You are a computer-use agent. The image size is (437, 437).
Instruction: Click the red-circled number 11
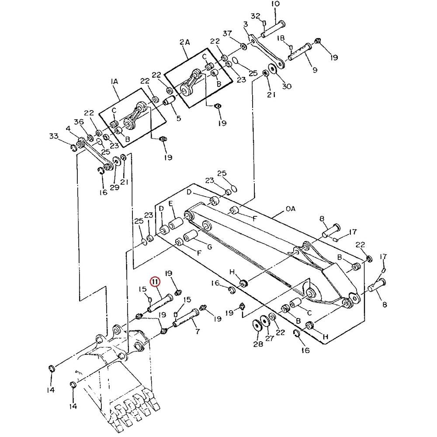click(155, 282)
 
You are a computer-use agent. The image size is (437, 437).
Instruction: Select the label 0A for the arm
click(290, 209)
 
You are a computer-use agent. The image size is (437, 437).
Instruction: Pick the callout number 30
click(286, 86)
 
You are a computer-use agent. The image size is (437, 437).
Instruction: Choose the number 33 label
click(54, 136)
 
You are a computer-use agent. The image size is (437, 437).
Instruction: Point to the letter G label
click(209, 247)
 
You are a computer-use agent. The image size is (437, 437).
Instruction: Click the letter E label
click(171, 204)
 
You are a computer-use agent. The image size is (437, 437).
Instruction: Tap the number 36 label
click(79, 121)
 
